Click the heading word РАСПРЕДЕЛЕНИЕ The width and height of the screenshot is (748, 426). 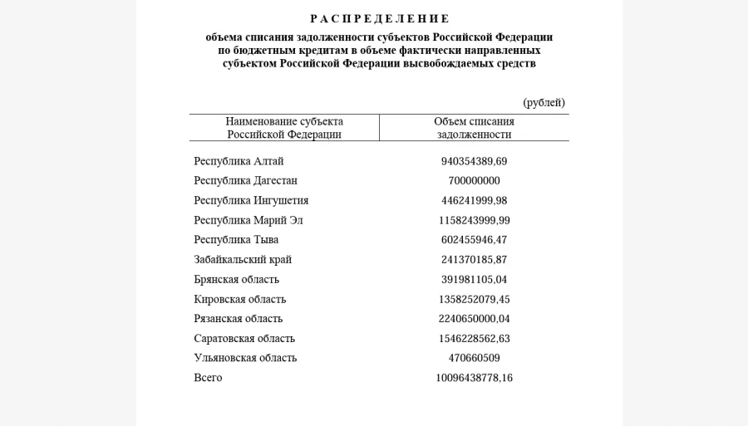tap(379, 19)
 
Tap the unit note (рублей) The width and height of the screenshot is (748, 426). tap(544, 103)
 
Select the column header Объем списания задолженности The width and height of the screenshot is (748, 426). tap(474, 128)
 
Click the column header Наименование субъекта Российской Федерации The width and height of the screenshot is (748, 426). tap(284, 128)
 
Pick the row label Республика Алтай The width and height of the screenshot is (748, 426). tap(239, 161)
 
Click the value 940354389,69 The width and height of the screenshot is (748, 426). tap(474, 161)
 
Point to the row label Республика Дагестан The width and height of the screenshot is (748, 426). tap(245, 181)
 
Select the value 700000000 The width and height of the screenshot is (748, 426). tap(474, 181)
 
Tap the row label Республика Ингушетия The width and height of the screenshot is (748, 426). tap(251, 201)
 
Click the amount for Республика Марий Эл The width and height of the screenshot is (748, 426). tap(474, 221)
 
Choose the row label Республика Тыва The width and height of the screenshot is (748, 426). tap(236, 240)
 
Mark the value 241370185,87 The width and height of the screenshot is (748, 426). tap(474, 260)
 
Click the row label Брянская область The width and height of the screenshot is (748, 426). tap(236, 280)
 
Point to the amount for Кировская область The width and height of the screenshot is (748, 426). tap(474, 300)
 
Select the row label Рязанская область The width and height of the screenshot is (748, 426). tap(238, 319)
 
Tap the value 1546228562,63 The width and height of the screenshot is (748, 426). tap(474, 339)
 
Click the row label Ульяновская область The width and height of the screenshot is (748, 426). tap(245, 359)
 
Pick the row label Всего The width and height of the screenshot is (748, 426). tap(208, 378)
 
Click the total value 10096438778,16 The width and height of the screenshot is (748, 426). tap(474, 378)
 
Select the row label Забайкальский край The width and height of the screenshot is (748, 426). tap(243, 260)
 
